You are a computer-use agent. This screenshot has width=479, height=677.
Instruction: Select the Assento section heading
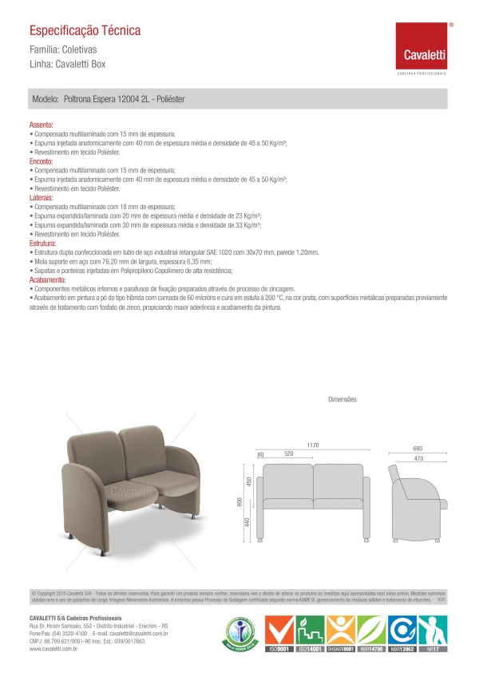click(42, 126)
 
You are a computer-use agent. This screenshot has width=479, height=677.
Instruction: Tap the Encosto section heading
click(42, 161)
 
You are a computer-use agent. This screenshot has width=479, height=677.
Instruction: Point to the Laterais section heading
click(42, 196)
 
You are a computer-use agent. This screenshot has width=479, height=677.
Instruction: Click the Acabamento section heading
click(47, 279)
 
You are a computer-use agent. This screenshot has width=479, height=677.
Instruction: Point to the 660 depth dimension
click(418, 448)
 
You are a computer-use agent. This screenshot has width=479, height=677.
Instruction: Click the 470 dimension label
click(418, 458)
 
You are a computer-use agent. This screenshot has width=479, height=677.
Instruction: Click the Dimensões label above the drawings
click(342, 398)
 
